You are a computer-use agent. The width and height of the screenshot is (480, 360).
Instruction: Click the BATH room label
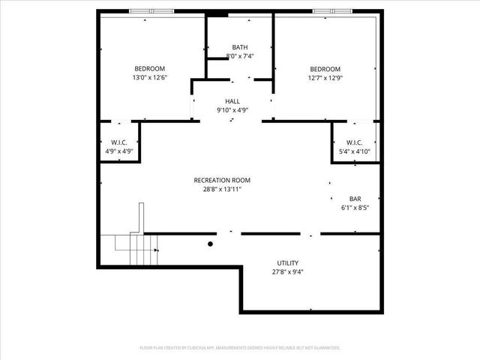[240, 47]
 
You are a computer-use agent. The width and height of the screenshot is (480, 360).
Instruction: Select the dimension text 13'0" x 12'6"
[149, 77]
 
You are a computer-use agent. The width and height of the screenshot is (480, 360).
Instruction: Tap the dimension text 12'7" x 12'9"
[325, 77]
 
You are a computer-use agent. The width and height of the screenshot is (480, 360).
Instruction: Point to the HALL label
[232, 100]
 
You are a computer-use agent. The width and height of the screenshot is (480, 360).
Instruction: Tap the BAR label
[355, 199]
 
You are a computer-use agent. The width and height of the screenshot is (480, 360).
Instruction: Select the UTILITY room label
[288, 263]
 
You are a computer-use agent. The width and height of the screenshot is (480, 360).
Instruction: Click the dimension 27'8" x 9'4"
[288, 272]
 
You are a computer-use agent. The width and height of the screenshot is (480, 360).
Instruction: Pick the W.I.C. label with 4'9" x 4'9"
[119, 142]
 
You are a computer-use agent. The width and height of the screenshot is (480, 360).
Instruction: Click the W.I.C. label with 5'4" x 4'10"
[355, 142]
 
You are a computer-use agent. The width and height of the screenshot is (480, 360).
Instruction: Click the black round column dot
[211, 244]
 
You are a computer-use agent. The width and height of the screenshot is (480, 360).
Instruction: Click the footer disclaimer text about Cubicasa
[240, 347]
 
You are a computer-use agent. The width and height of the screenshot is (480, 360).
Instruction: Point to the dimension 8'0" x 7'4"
[240, 56]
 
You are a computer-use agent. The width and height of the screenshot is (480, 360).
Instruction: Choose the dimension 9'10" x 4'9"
[232, 109]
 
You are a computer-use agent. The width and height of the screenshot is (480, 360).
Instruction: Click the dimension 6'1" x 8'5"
[355, 208]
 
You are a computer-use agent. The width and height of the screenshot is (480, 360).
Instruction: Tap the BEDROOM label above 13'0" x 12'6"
[149, 68]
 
